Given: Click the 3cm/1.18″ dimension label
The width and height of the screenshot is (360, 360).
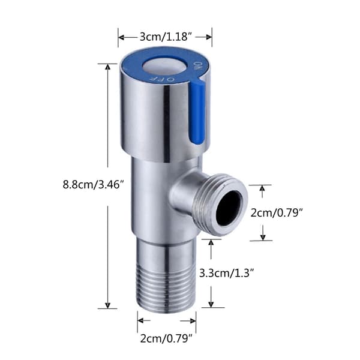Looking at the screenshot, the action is [x=166, y=37].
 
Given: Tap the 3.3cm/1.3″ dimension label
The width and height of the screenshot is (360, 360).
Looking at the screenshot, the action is [x=226, y=273].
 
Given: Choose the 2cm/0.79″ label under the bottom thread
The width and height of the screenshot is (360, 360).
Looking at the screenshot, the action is [x=166, y=338].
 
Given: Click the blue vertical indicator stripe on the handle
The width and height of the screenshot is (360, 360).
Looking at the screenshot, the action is [x=197, y=113].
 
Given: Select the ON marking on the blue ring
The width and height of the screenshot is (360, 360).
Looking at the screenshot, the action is [x=198, y=66].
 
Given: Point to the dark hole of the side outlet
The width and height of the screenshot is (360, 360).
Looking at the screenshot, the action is [x=229, y=208].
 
